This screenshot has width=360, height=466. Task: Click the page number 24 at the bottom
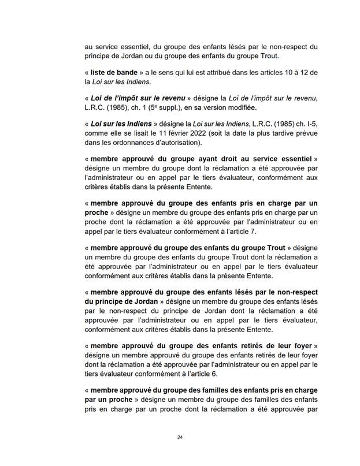coord(180,437)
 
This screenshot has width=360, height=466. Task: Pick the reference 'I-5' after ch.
coord(312,124)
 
